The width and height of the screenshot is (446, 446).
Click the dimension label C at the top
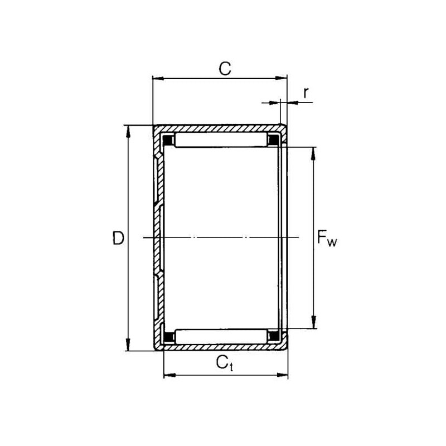(x=225, y=68)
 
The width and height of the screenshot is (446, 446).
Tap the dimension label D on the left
(x=118, y=238)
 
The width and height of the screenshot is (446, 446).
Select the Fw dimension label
(x=327, y=239)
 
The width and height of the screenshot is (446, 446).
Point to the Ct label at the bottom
(x=225, y=363)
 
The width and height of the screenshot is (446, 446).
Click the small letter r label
(x=306, y=93)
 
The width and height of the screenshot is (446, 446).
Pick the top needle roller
(x=221, y=139)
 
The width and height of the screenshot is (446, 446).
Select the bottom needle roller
(x=221, y=337)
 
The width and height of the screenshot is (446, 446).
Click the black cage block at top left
(x=168, y=140)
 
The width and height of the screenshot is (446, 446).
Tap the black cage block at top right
(x=274, y=139)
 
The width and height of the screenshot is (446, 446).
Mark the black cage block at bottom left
(x=169, y=337)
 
